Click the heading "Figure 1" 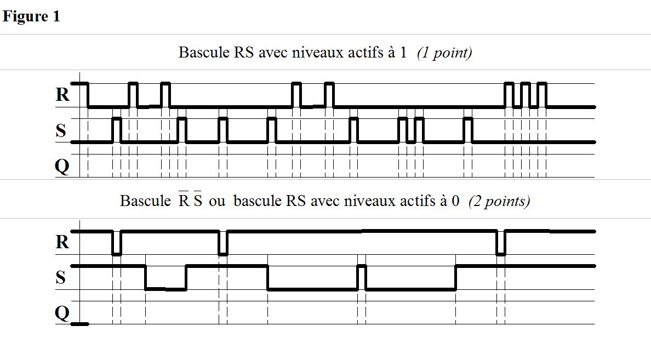31,16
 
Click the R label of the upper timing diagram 63,95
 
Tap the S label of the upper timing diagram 61,130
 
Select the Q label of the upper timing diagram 62,165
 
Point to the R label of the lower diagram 63,242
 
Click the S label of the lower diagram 61,278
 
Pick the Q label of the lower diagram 62,313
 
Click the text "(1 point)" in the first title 444,53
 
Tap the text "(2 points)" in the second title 499,201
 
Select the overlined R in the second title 184,201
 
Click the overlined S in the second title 197,201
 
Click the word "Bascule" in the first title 200,53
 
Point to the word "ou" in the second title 217,202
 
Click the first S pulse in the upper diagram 116,130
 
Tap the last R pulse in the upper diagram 542,95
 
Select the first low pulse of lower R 116,243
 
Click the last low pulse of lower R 501,243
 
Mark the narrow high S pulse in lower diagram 361,277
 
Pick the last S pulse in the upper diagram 467,130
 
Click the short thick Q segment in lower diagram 80,324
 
